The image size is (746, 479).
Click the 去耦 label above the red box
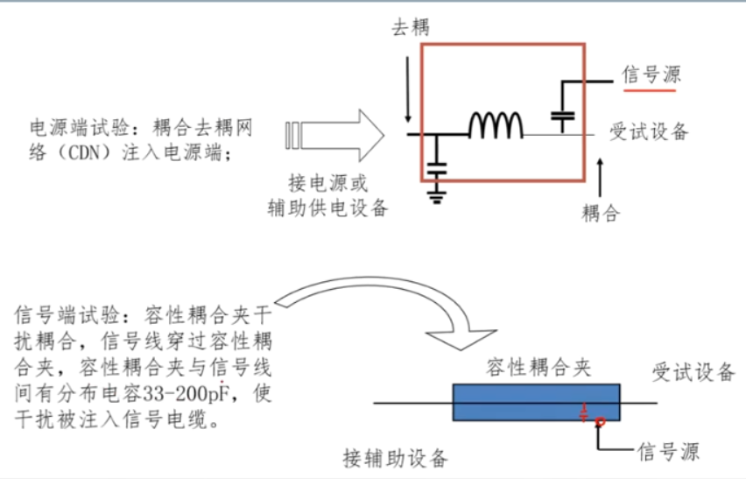410,27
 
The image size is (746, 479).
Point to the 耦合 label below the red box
601,214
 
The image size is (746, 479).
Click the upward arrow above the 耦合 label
601,174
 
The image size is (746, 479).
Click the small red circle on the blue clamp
600,423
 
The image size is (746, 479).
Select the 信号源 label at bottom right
668,452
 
